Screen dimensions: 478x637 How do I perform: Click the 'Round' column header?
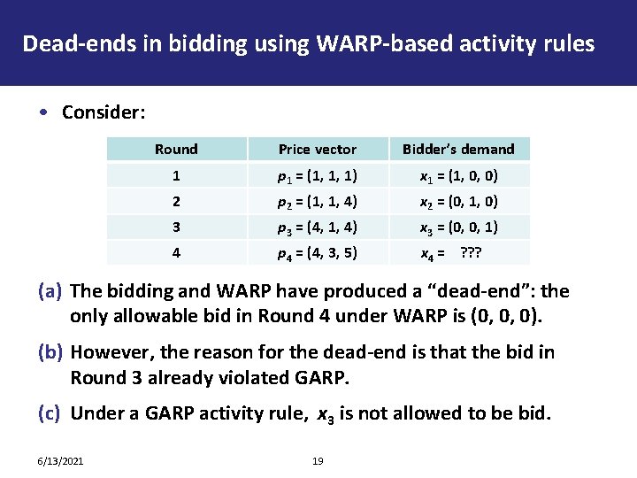pos(176,149)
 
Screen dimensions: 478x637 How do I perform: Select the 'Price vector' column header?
pos(317,149)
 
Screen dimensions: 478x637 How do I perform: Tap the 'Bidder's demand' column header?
pos(458,149)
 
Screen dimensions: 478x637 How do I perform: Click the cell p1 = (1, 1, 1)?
pos(317,175)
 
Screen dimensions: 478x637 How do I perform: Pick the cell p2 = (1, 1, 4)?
pos(317,201)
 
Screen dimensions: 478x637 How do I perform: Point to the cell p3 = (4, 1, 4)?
pos(317,227)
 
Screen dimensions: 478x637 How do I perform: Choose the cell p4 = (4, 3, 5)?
pos(317,252)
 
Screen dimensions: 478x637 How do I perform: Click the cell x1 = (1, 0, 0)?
pos(458,175)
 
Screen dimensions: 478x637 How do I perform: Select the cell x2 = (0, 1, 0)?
pos(458,201)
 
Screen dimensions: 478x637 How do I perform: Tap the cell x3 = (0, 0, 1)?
pos(458,227)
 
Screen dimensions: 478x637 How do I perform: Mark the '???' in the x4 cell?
pos(474,252)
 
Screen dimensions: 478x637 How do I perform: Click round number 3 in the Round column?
pos(176,227)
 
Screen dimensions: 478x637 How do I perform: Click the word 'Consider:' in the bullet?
pos(104,112)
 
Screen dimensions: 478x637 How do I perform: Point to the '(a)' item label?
pos(50,290)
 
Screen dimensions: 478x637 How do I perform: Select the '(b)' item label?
pos(50,352)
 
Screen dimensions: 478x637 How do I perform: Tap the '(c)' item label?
pos(50,412)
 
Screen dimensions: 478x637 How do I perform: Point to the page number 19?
pos(318,460)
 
